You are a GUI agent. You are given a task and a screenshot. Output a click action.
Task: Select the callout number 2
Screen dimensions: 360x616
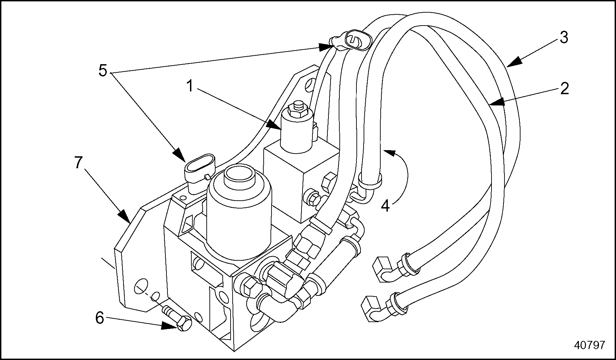[x=564, y=89]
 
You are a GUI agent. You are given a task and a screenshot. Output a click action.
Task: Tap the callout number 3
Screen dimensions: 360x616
[x=564, y=38]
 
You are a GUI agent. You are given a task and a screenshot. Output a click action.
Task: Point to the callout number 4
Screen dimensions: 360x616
[x=385, y=206]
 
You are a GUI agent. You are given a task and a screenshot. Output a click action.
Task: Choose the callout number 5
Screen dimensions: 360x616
[x=103, y=71]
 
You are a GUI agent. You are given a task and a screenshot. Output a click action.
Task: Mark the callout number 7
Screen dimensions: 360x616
[x=78, y=163]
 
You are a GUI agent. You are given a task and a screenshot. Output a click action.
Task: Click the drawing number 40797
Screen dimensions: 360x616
[x=589, y=345]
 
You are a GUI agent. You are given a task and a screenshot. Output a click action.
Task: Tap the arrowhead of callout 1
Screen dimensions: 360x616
[x=275, y=126]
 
